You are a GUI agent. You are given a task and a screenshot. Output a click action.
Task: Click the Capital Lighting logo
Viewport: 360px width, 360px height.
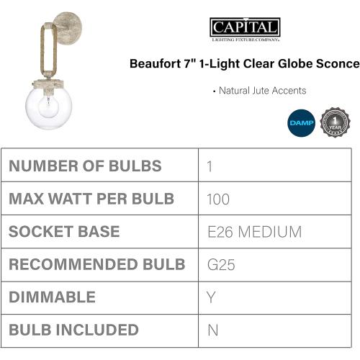coord(245,30)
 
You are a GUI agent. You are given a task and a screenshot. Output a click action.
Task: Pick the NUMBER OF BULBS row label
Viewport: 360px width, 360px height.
coord(85,166)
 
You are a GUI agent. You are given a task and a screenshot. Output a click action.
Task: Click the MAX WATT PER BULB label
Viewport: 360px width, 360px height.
coord(91,199)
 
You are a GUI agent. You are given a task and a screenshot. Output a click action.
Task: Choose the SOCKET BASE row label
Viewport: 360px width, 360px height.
coord(65,232)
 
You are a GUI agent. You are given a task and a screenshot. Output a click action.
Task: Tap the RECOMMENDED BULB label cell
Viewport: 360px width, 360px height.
coord(97,265)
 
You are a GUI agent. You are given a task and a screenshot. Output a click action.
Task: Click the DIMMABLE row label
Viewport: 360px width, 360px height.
coord(52,297)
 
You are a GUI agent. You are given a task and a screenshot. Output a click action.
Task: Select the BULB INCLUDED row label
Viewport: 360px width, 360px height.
coord(73,330)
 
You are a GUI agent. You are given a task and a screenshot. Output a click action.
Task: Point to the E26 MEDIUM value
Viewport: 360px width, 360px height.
coord(253,232)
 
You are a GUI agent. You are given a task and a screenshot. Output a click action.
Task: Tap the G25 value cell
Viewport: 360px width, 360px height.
coord(220,265)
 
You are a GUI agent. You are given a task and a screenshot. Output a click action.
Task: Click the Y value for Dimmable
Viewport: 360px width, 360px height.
coord(211,297)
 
